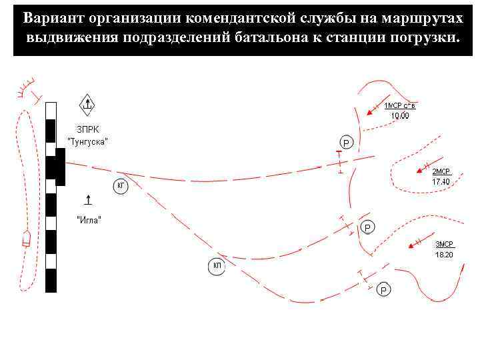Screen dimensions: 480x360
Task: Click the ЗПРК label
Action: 85,130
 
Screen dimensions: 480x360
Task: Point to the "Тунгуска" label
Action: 88,142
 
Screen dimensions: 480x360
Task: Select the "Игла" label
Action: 89,220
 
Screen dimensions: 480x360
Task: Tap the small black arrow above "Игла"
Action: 89,199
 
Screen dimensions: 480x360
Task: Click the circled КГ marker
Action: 121,185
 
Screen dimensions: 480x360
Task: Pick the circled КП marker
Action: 217,266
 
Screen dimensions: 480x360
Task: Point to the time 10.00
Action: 400,115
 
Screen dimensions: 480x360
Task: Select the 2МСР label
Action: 441,172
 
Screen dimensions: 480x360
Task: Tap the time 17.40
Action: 441,181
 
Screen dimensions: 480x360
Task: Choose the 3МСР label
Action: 444,244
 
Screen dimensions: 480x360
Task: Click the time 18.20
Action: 444,254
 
